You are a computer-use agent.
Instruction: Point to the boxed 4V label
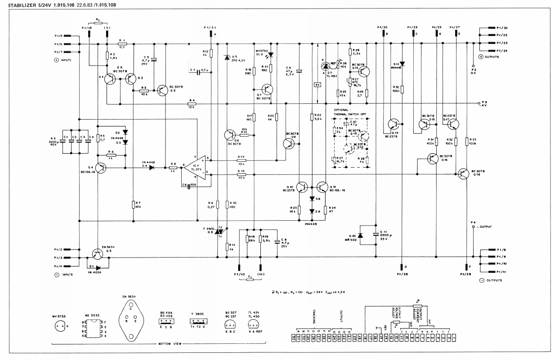(318, 84)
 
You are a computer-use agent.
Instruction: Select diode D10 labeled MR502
(360, 236)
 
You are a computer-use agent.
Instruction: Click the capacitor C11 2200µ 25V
(376, 234)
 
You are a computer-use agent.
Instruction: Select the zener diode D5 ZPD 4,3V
(227, 58)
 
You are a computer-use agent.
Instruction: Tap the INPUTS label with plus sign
(63, 60)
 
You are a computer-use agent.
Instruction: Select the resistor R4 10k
(192, 104)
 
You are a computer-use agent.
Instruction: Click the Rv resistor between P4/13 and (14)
(250, 279)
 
